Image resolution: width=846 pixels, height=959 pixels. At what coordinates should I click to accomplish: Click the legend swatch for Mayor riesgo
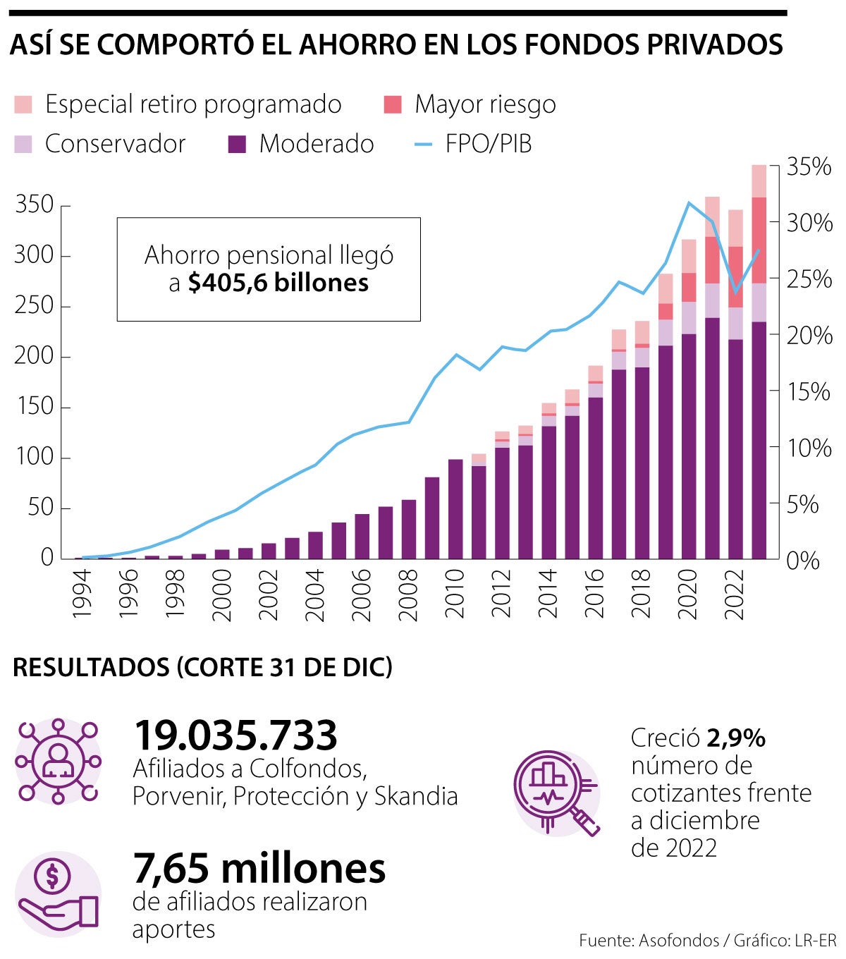[x=393, y=104]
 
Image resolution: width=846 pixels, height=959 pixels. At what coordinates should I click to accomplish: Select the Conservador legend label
[x=115, y=144]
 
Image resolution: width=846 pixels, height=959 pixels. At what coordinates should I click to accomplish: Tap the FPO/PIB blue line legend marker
[x=423, y=144]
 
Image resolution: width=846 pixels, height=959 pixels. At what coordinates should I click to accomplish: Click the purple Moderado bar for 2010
[x=455, y=509]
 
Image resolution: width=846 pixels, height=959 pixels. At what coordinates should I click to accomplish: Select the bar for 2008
[x=409, y=529]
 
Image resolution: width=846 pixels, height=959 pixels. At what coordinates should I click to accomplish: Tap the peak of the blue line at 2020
[x=689, y=203]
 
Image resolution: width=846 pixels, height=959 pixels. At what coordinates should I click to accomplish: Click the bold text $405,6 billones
[x=278, y=283]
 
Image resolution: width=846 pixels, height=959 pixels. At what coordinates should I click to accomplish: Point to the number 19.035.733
[x=235, y=735]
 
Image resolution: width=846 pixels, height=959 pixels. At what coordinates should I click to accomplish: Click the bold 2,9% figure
[x=736, y=738]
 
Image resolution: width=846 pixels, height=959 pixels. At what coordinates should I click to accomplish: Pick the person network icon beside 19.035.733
[x=58, y=761]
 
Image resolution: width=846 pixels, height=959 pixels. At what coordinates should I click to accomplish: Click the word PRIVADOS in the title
[x=714, y=45]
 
